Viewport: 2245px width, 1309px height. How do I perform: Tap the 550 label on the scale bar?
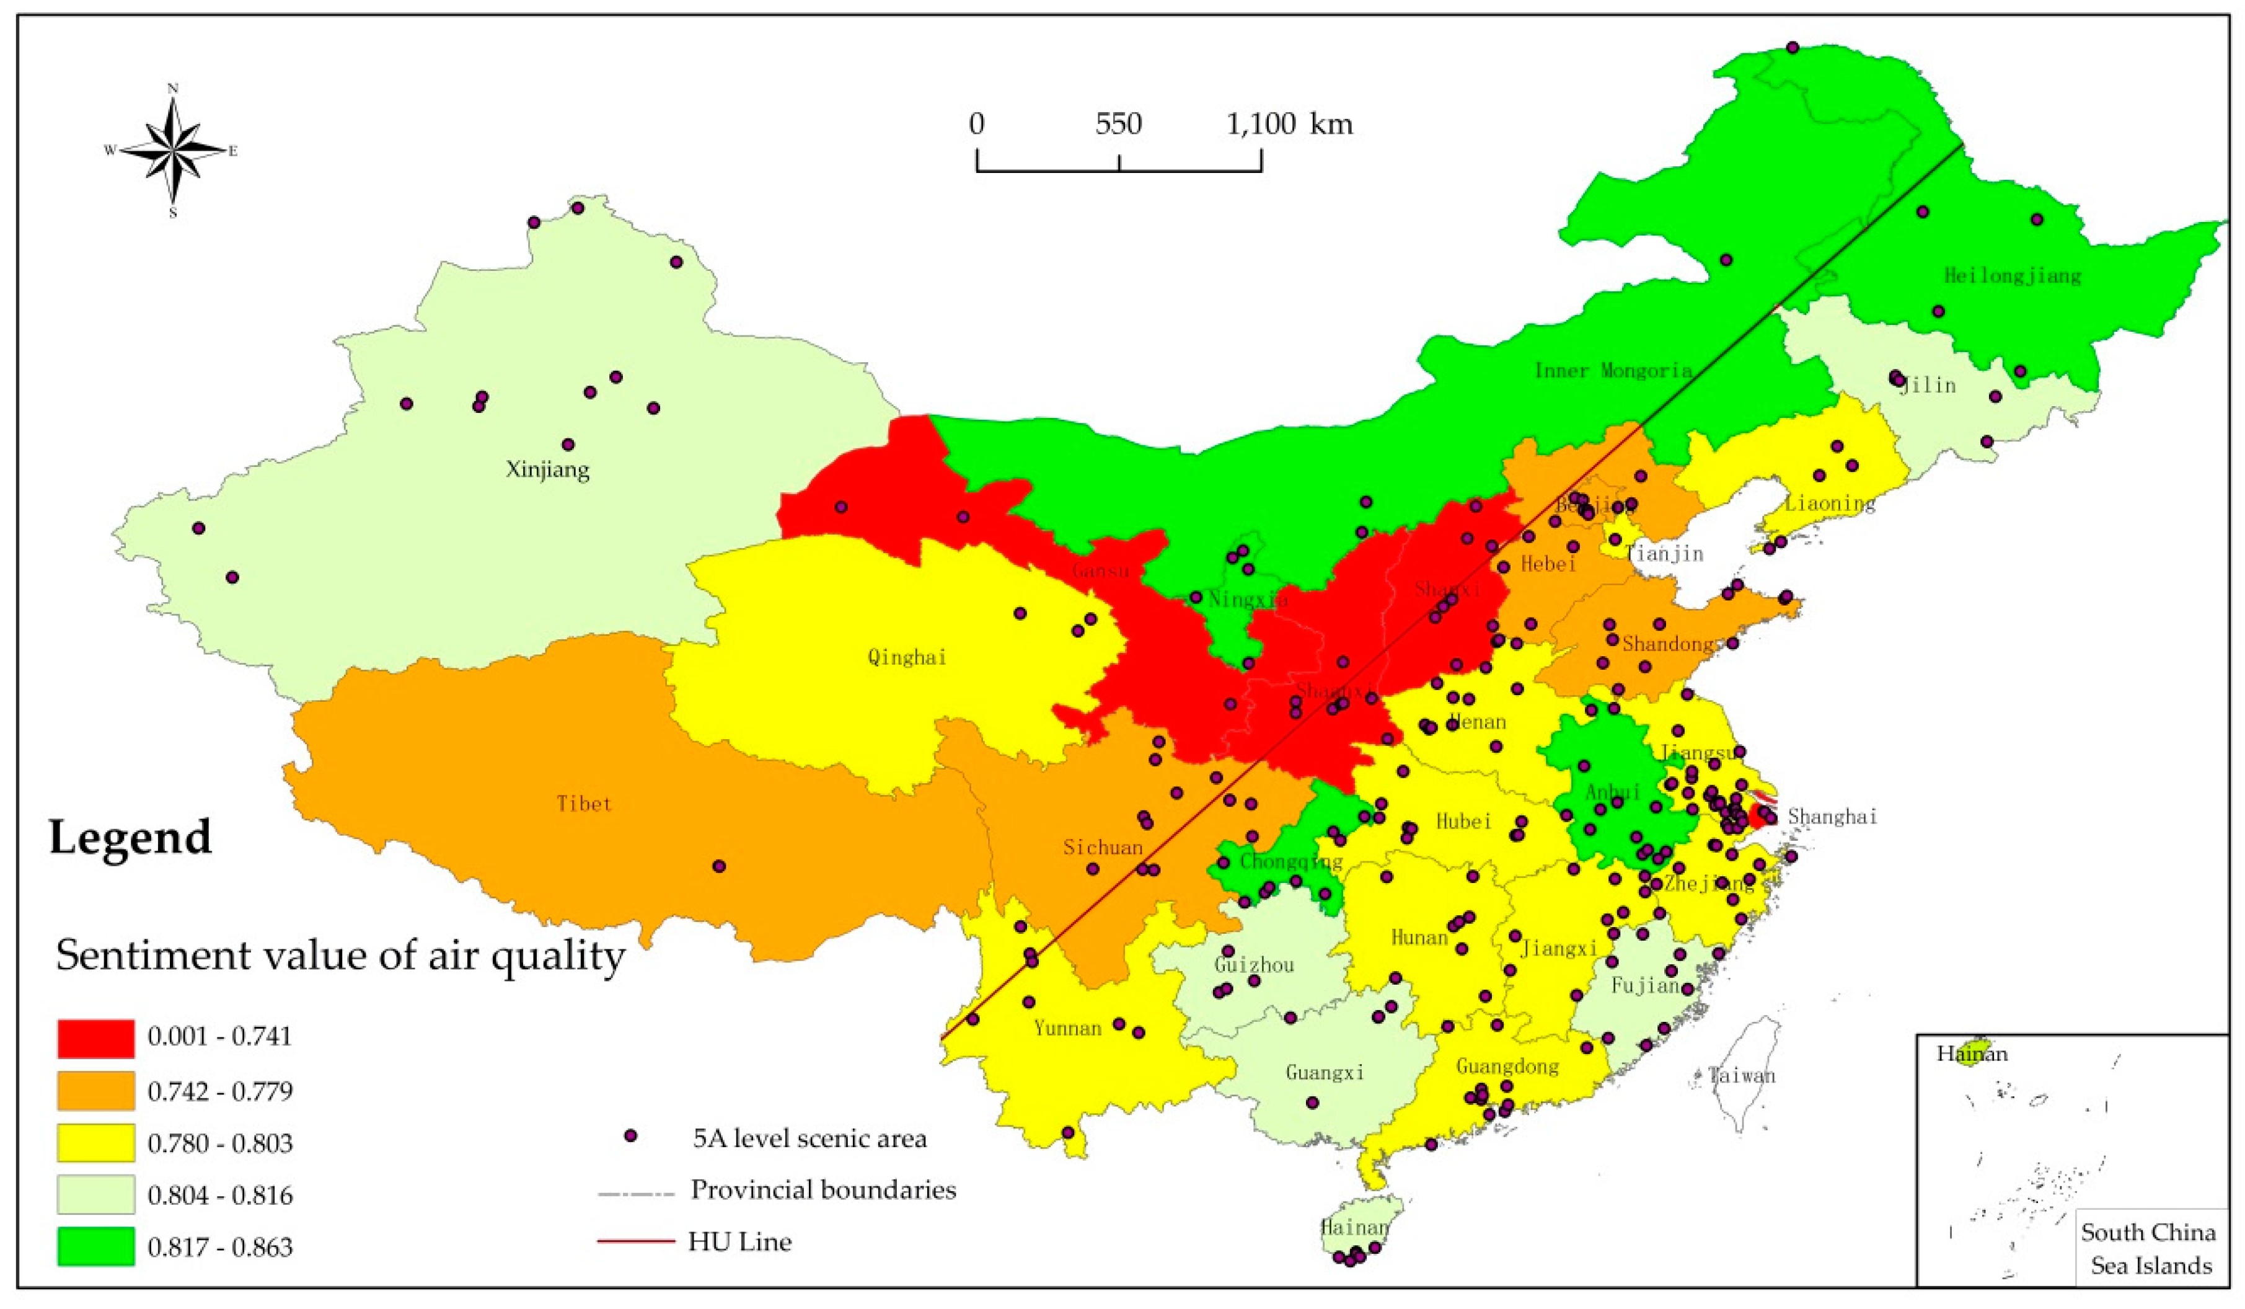[x=1118, y=124]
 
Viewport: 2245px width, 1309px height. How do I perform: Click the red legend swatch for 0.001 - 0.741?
[x=96, y=1038]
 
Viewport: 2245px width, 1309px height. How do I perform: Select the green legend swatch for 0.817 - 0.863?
[x=96, y=1246]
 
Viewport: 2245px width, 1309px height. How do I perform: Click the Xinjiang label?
[x=548, y=469]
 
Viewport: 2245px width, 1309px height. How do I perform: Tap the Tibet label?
[x=584, y=804]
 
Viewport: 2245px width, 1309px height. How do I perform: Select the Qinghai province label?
[x=907, y=658]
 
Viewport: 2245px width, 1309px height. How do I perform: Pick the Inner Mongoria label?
[x=1613, y=371]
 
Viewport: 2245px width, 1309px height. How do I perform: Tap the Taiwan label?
[x=1742, y=1075]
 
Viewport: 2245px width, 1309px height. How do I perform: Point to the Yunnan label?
[x=1067, y=1028]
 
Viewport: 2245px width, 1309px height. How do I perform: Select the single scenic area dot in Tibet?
[x=720, y=866]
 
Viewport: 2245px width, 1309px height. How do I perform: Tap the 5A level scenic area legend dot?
[x=631, y=1136]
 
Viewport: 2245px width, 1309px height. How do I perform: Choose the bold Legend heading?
[x=131, y=838]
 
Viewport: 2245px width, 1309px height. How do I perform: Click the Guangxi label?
[x=1325, y=1073]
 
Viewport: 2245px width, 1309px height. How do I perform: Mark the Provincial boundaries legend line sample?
[x=635, y=1191]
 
